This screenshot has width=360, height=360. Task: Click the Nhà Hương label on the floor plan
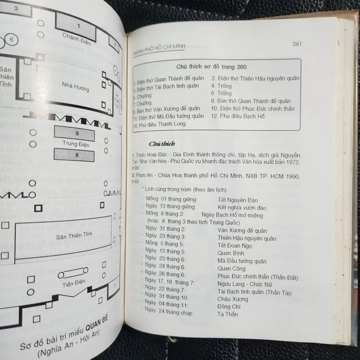(x=75, y=86)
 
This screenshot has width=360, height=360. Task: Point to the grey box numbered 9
(x=77, y=134)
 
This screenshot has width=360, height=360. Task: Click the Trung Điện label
(x=76, y=144)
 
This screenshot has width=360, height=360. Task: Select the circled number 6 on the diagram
(x=12, y=40)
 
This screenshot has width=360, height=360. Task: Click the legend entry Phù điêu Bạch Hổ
(x=238, y=116)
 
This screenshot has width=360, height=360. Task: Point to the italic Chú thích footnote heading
(x=159, y=144)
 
